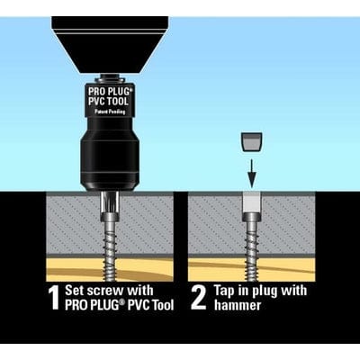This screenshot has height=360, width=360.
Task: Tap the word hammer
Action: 238,305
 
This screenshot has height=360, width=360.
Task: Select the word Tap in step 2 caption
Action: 230,291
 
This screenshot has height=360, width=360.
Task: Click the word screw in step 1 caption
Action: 120,291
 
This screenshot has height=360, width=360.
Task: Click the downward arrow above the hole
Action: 253,168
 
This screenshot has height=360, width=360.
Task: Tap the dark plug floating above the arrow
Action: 253,142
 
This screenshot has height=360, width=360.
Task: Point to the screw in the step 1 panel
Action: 109,238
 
